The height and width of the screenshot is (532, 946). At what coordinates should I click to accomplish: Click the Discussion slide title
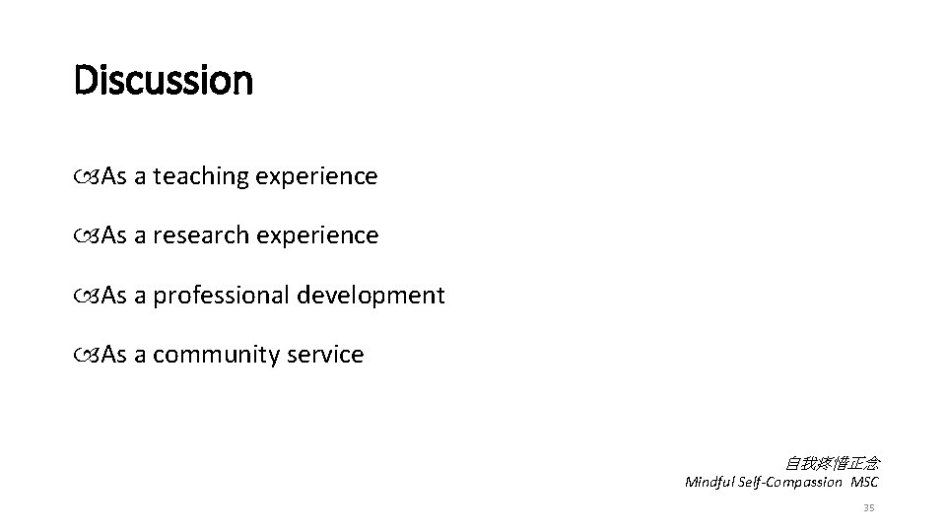[163, 80]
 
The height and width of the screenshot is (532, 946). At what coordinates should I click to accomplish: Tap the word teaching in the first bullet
[201, 176]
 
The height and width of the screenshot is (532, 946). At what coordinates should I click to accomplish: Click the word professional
[222, 295]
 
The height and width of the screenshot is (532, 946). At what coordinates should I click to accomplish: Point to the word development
[372, 296]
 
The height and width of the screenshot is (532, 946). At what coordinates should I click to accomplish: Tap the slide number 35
[868, 507]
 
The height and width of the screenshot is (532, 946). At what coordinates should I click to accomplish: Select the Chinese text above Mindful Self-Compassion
[832, 462]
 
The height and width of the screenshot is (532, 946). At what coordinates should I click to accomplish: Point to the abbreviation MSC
[864, 482]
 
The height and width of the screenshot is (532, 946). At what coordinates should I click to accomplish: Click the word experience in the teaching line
[316, 177]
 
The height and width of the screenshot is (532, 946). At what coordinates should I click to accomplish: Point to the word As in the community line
[114, 355]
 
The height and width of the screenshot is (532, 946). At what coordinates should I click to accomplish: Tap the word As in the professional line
[114, 296]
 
